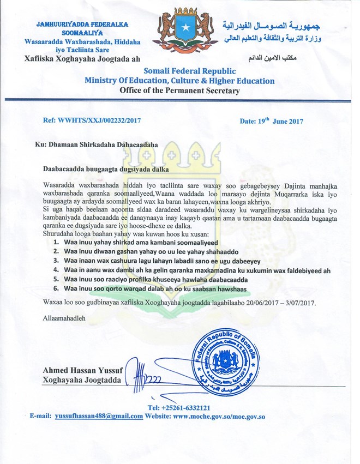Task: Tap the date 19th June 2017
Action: [271, 121]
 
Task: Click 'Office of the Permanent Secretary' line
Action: [179, 91]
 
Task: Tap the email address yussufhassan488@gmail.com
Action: [99, 416]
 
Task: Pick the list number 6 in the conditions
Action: [56, 287]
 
